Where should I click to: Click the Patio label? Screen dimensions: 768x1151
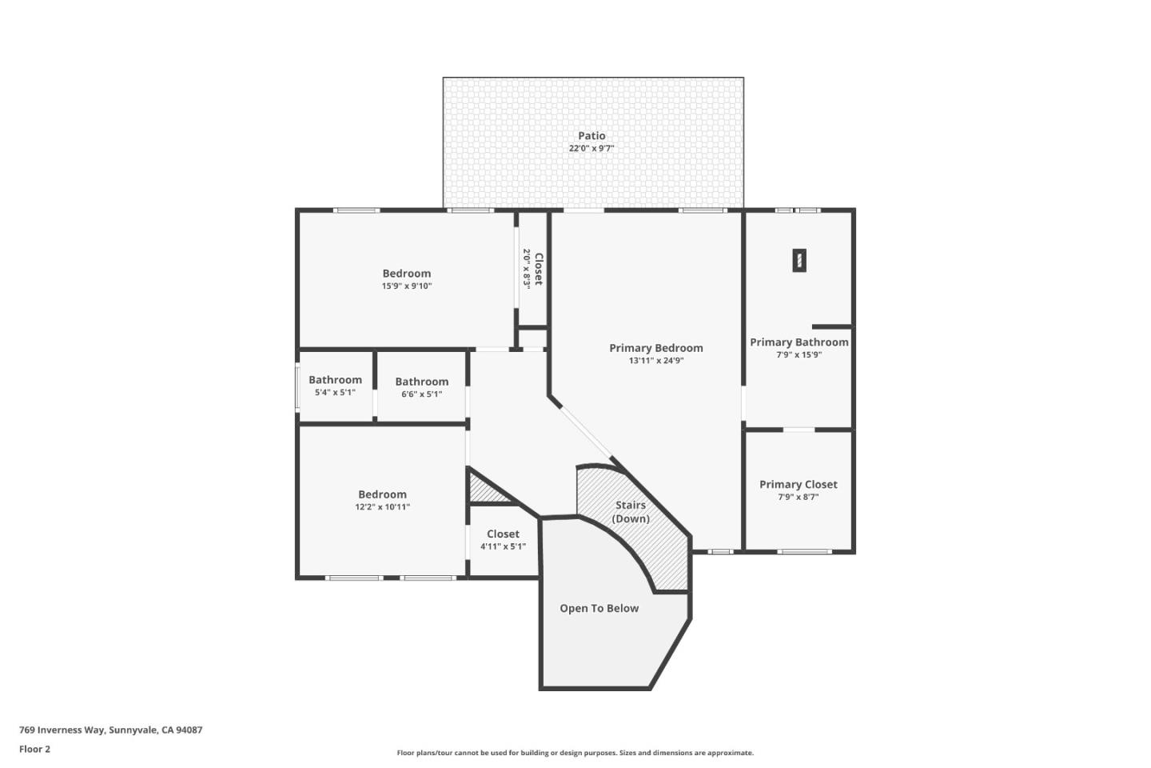click(x=591, y=136)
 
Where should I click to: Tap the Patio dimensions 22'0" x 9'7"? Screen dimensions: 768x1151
click(x=591, y=149)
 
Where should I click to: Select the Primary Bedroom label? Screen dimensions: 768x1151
click(x=655, y=348)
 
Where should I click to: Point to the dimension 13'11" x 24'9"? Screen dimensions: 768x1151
click(x=655, y=361)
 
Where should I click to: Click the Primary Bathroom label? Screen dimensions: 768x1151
click(x=799, y=342)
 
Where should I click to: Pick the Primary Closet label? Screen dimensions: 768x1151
click(x=798, y=485)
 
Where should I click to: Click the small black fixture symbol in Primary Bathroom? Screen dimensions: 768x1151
click(x=799, y=260)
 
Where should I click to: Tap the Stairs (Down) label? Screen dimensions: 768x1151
click(x=631, y=512)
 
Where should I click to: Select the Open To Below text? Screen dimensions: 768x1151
click(x=599, y=609)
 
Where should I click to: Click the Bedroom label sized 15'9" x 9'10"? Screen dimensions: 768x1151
click(x=406, y=274)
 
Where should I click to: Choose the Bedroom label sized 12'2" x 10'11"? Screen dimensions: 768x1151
click(x=382, y=495)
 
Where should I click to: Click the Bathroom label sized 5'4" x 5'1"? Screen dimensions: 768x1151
click(x=335, y=381)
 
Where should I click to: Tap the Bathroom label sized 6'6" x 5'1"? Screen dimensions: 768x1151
click(x=421, y=382)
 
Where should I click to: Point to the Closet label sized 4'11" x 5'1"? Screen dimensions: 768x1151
click(x=503, y=534)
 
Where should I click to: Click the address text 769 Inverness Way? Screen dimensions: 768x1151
click(x=110, y=730)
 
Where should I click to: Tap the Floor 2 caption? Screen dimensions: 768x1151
click(x=34, y=750)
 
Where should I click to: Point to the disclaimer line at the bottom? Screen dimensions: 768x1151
click(x=575, y=753)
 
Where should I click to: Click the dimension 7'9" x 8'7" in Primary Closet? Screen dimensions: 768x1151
click(x=798, y=498)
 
